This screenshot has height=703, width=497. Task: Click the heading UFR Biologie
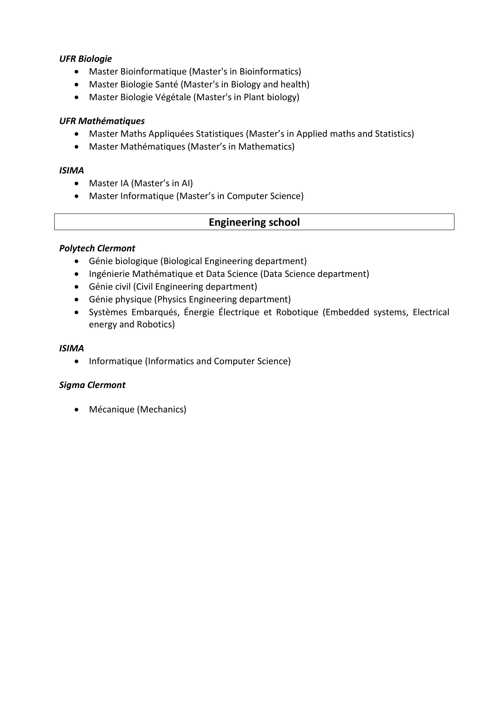coord(85,59)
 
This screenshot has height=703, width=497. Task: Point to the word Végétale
coord(173,97)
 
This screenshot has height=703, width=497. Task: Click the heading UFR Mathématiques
coord(102,121)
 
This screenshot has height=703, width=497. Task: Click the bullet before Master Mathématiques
coord(77,147)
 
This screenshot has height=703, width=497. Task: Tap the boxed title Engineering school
coord(254,222)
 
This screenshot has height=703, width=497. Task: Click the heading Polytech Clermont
coord(97,248)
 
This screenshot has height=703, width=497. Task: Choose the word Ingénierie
coord(109,274)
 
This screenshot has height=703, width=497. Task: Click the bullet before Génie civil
coord(77,287)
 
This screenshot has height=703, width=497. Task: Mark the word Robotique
coord(297,312)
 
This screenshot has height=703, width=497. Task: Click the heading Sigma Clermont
coord(92,385)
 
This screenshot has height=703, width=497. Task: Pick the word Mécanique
coord(112,409)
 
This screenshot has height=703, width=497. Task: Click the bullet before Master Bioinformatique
coord(77,72)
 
